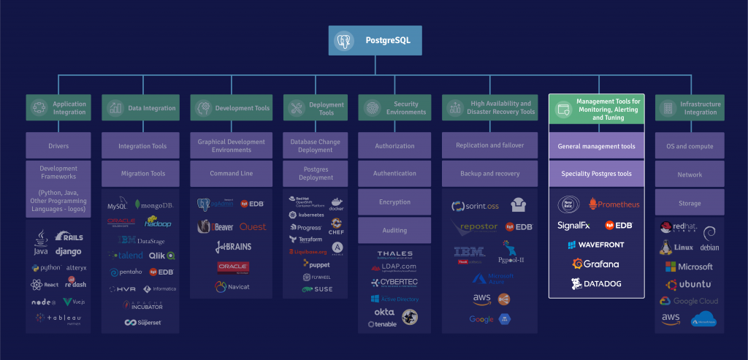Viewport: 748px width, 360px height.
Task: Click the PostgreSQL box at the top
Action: point(375,41)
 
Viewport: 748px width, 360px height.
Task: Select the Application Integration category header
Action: point(58,108)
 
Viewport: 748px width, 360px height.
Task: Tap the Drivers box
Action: point(58,146)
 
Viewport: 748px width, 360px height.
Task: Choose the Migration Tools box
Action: point(142,174)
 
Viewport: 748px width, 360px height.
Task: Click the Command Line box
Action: point(231,174)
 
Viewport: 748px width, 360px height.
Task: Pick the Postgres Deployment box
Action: point(316,173)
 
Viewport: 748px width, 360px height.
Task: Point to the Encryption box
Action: point(394,202)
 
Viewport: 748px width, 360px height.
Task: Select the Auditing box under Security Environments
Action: point(394,230)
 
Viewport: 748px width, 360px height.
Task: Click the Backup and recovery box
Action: point(490,174)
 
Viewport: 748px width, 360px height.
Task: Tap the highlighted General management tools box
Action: point(596,146)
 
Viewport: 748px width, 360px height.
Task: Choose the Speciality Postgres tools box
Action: point(596,174)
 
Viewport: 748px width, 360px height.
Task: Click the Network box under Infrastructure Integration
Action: point(690,175)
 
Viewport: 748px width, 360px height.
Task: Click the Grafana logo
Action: point(595,264)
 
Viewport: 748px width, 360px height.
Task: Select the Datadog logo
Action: point(595,283)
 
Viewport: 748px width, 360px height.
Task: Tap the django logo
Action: point(68,251)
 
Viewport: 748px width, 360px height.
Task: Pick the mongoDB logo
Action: point(156,206)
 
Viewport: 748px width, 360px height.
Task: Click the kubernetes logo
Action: point(306,215)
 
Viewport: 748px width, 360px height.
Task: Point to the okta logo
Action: point(384,312)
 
